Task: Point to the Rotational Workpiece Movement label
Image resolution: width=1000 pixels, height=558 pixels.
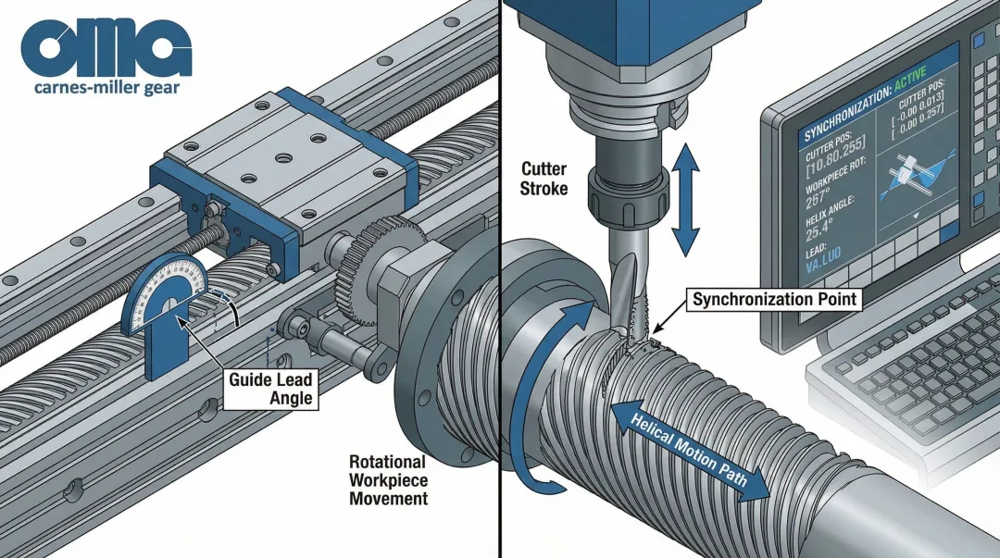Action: point(388,479)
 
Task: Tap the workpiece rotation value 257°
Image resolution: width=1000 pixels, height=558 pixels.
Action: point(819,198)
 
